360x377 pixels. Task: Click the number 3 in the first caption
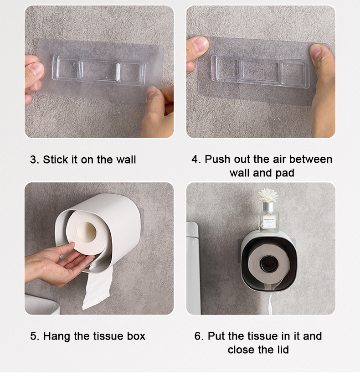pos(34,160)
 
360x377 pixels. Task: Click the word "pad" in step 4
pos(284,173)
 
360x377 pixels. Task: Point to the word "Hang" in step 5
pos(57,336)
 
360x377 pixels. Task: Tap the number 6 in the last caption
pos(198,336)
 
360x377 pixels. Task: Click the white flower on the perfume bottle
pos(268,196)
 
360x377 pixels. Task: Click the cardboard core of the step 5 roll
pos(87,232)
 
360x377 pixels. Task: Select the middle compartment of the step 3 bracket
pos(98,71)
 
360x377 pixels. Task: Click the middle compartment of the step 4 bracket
pos(260,71)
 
